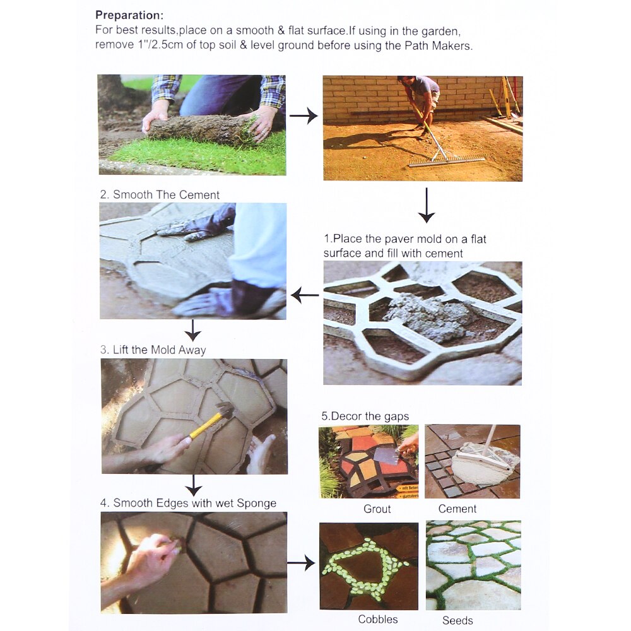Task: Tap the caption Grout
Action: (x=377, y=509)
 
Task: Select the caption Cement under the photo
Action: (x=457, y=509)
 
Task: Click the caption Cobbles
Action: (x=378, y=619)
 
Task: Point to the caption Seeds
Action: (x=457, y=620)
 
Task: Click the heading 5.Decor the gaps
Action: (x=365, y=416)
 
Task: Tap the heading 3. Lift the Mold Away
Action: (x=153, y=350)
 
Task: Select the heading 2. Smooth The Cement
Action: (x=160, y=194)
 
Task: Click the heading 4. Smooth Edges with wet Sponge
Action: (x=188, y=503)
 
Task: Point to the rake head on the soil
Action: (x=446, y=162)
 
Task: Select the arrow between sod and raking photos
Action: (x=303, y=116)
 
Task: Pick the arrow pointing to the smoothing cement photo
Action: (x=305, y=294)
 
